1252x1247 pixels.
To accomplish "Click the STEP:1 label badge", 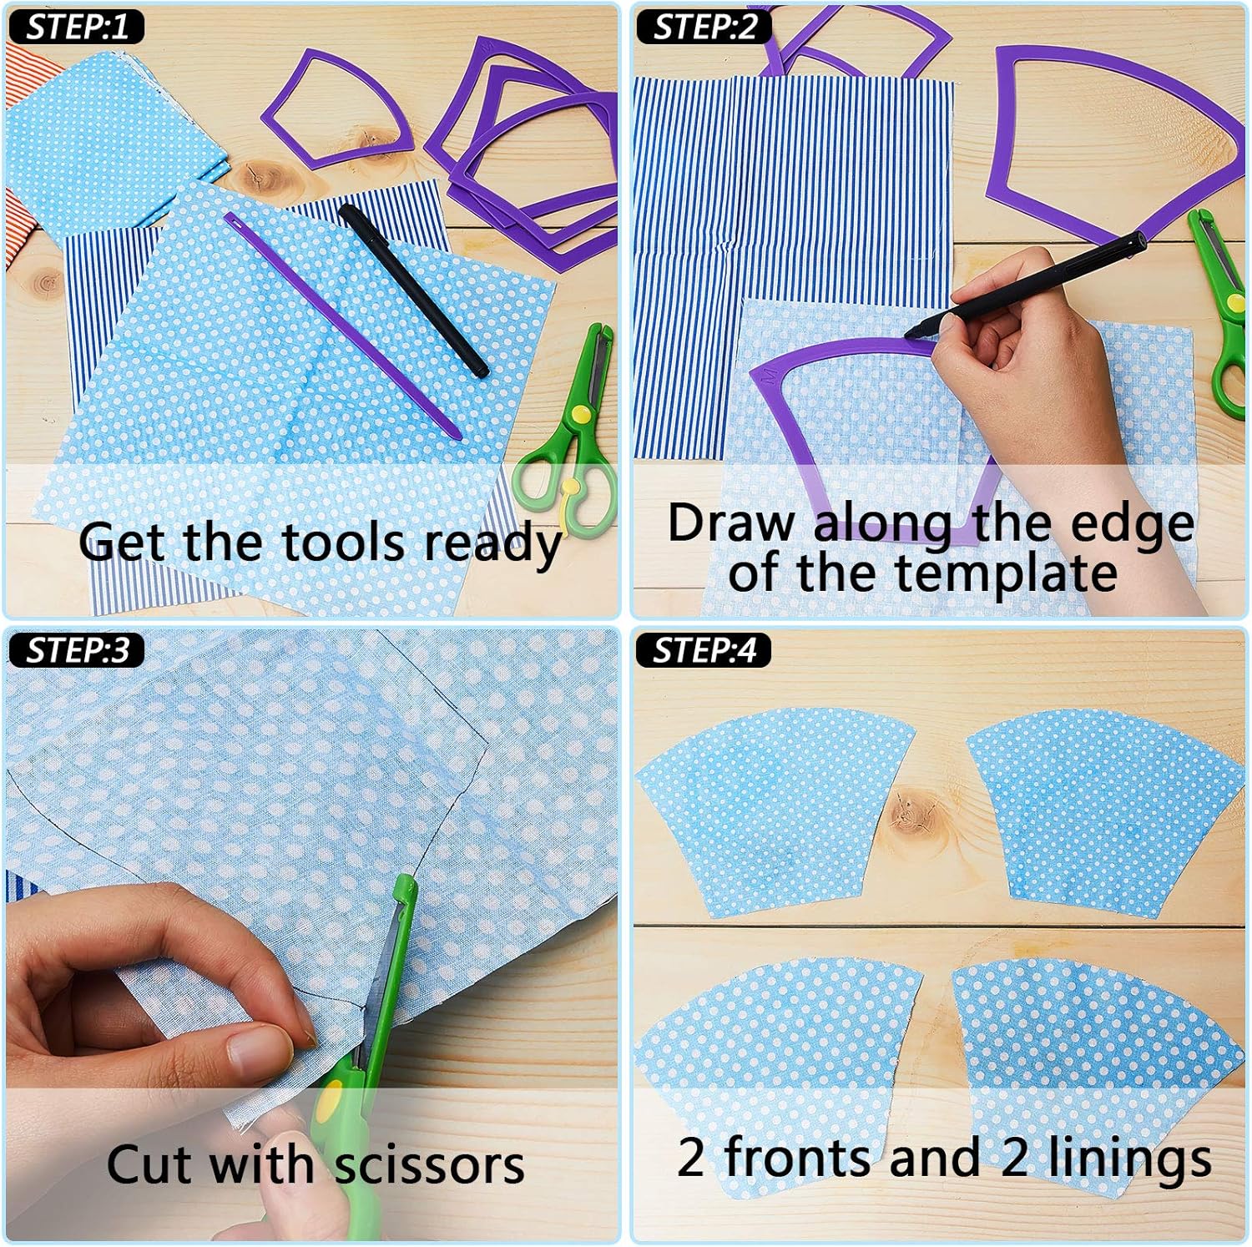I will (76, 27).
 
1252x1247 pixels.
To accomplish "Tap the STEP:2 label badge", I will (703, 27).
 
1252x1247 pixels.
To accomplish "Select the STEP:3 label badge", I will (76, 649).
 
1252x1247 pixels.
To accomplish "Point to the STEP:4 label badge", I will (703, 649).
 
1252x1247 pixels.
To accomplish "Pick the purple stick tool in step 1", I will (342, 326).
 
